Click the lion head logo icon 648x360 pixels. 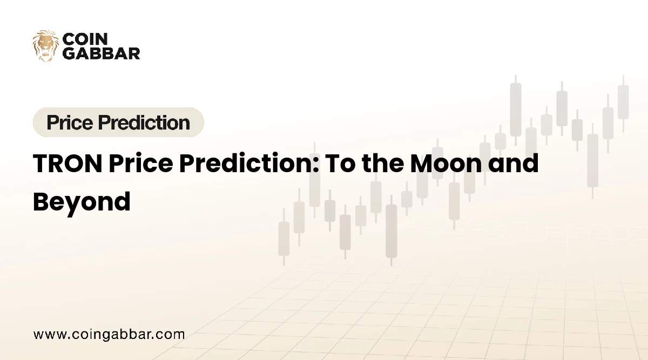pyautogui.click(x=45, y=45)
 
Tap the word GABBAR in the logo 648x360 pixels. pyautogui.click(x=102, y=52)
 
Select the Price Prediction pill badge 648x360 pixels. pyautogui.click(x=118, y=123)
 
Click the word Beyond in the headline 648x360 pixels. pyautogui.click(x=82, y=201)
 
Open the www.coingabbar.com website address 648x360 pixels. pyautogui.click(x=109, y=334)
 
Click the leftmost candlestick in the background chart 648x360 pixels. pyautogui.click(x=283, y=238)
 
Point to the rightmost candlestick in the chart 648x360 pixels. pyautogui.click(x=623, y=102)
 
